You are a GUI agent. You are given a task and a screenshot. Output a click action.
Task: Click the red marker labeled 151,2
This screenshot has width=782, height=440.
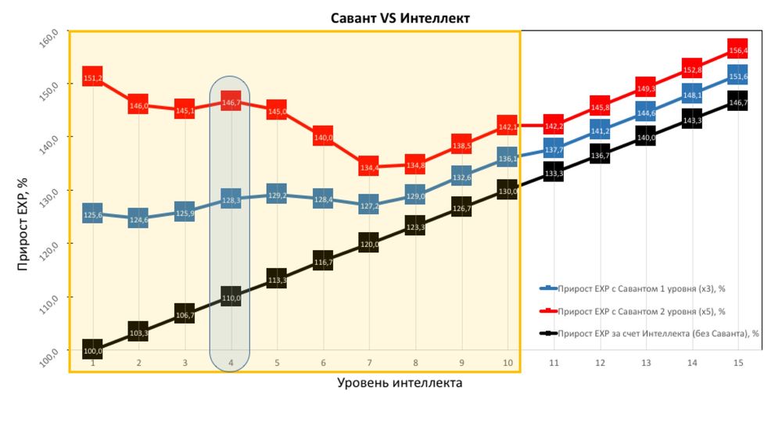(92, 77)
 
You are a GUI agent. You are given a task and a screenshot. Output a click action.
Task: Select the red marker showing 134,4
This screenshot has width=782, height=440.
(368, 166)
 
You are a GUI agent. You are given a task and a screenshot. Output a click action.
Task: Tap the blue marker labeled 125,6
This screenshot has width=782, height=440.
(92, 214)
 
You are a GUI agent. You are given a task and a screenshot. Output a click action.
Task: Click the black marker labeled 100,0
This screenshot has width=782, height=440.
(92, 351)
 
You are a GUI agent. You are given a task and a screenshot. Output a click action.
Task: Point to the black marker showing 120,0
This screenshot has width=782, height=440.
(368, 244)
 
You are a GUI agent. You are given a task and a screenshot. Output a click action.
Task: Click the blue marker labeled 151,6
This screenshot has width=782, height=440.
(737, 76)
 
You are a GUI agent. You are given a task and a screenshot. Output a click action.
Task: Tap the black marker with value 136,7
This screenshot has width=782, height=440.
(600, 156)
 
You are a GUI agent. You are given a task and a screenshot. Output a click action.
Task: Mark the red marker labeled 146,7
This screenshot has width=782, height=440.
(231, 102)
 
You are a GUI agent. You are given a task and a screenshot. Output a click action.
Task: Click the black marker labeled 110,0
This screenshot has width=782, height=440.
(231, 297)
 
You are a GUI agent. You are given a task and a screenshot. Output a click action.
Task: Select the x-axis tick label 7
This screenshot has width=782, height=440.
(369, 363)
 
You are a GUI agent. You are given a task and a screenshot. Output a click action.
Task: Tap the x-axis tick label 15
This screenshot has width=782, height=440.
(737, 363)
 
